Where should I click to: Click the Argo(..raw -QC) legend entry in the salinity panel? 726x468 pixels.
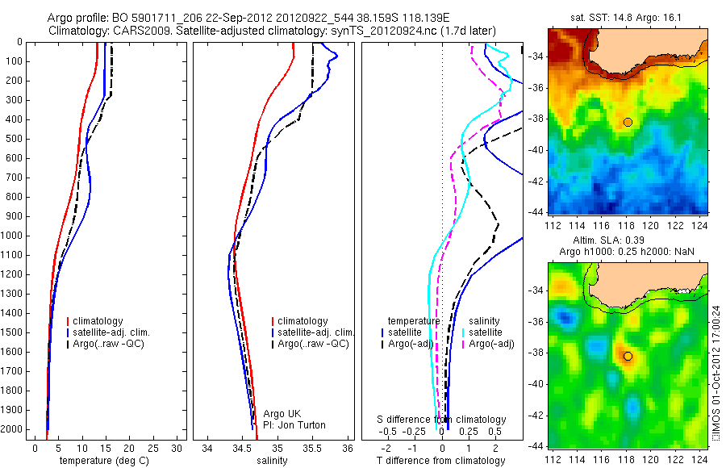click(312, 344)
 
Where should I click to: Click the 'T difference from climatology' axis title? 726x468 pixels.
click(440, 462)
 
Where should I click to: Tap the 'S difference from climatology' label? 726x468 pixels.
click(442, 420)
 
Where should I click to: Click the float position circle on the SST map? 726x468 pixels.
click(628, 122)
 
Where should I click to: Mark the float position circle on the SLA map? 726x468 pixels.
click(628, 356)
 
